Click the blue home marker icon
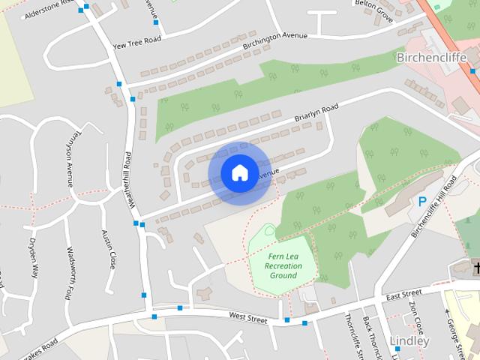tap(239, 173)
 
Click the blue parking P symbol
tap(422, 201)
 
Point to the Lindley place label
tap(410, 341)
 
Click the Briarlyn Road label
tap(316, 115)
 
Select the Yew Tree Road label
tap(136, 43)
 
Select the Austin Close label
tap(108, 250)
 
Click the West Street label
tap(247, 319)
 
